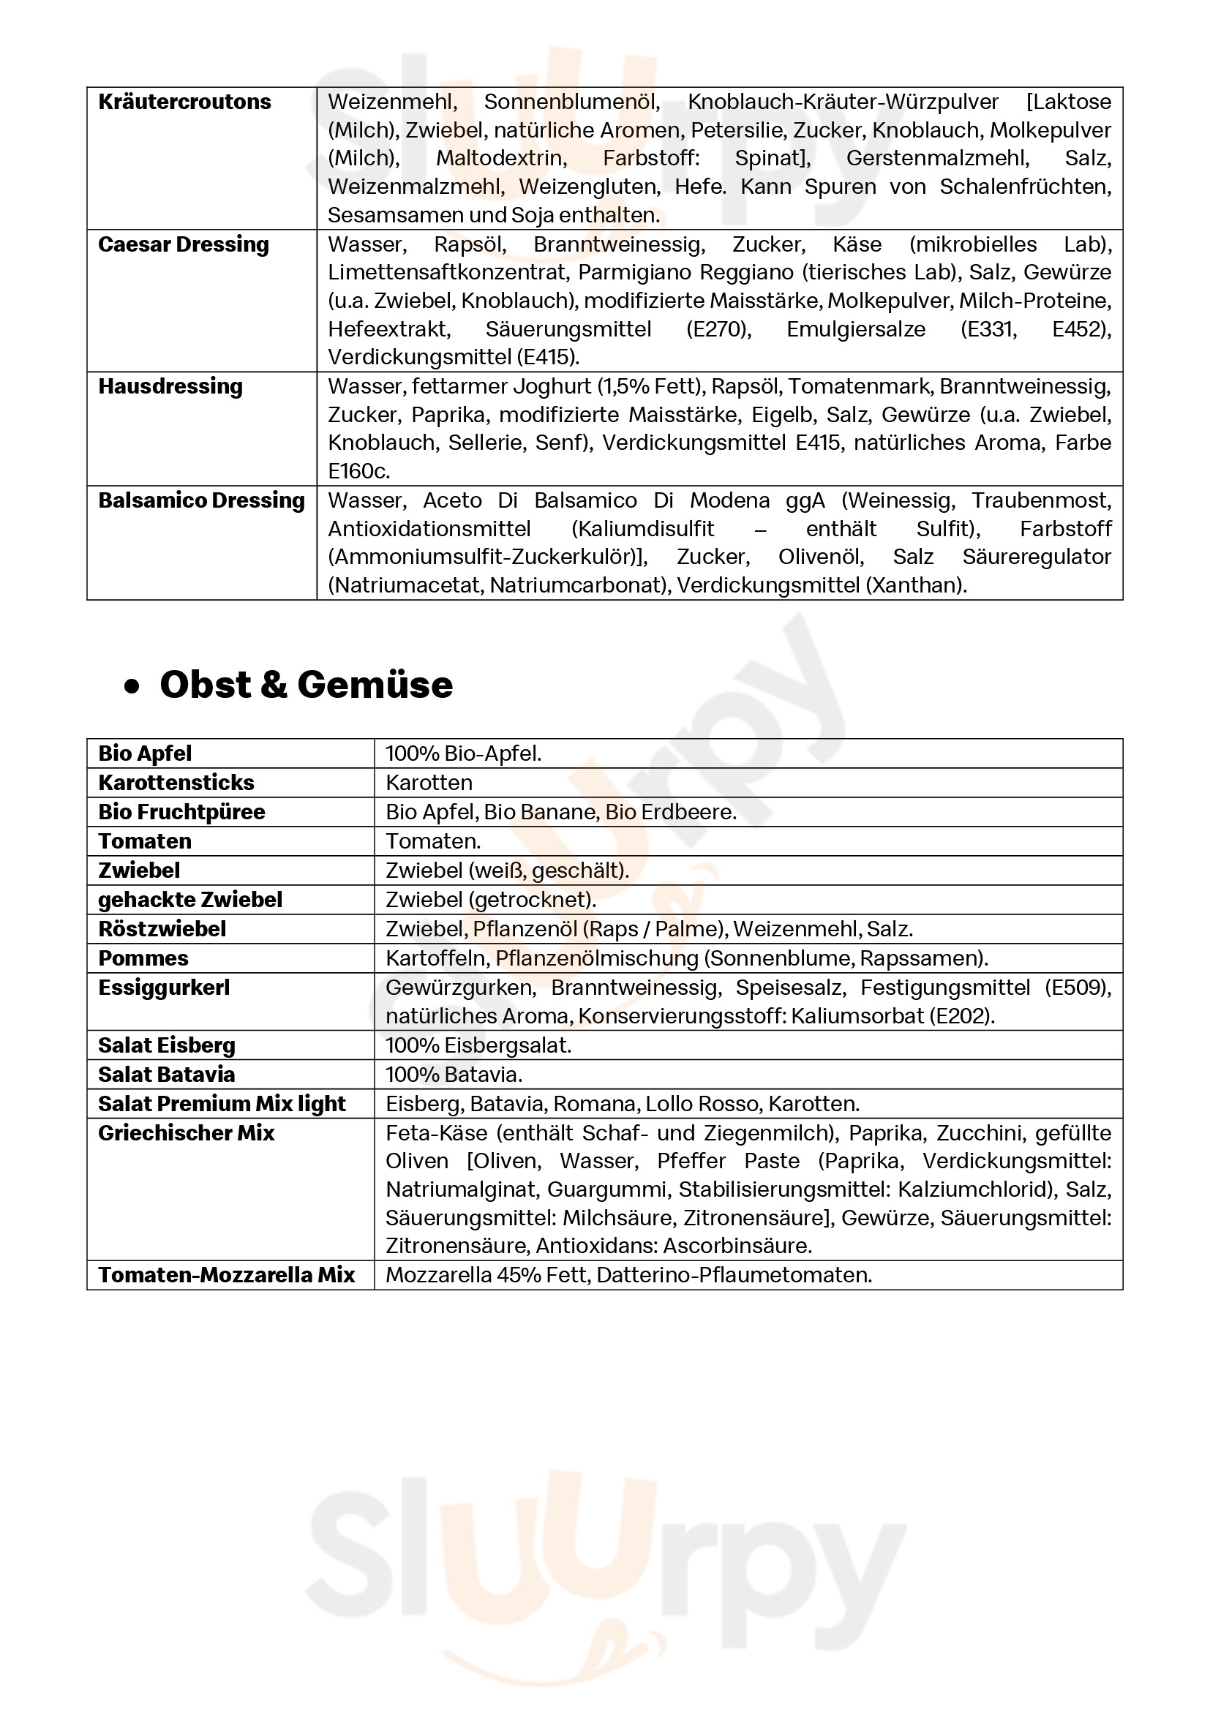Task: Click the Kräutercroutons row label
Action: click(185, 102)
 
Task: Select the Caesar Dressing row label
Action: click(184, 244)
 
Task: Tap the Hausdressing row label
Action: click(170, 386)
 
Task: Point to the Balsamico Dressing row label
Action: click(201, 500)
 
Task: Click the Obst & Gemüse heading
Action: click(306, 684)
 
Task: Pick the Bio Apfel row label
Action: click(145, 753)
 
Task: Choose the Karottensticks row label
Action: click(176, 783)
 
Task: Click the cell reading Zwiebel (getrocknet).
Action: click(490, 900)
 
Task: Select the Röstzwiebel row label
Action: click(162, 928)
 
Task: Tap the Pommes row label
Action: click(143, 958)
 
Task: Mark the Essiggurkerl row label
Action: click(164, 988)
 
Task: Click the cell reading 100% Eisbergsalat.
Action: click(478, 1045)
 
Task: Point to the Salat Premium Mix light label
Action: click(222, 1104)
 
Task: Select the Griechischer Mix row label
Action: click(187, 1132)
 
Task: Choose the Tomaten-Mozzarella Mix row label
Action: click(227, 1275)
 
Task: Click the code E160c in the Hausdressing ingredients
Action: click(358, 471)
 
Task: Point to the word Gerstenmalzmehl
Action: click(937, 159)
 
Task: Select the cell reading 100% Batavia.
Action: click(454, 1075)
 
